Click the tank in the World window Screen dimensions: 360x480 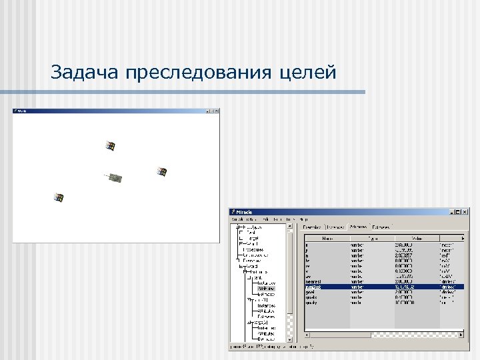116,177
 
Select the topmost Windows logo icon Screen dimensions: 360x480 111,145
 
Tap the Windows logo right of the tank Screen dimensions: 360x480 161,171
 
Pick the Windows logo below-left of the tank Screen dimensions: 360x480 59,197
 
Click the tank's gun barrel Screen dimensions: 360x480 107,175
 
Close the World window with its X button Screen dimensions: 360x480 215,110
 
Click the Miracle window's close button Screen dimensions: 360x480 465,212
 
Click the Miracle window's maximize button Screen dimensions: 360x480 459,212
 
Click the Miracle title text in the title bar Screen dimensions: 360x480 244,212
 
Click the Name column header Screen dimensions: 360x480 327,237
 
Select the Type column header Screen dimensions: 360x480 373,237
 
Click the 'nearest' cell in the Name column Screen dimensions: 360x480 313,281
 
